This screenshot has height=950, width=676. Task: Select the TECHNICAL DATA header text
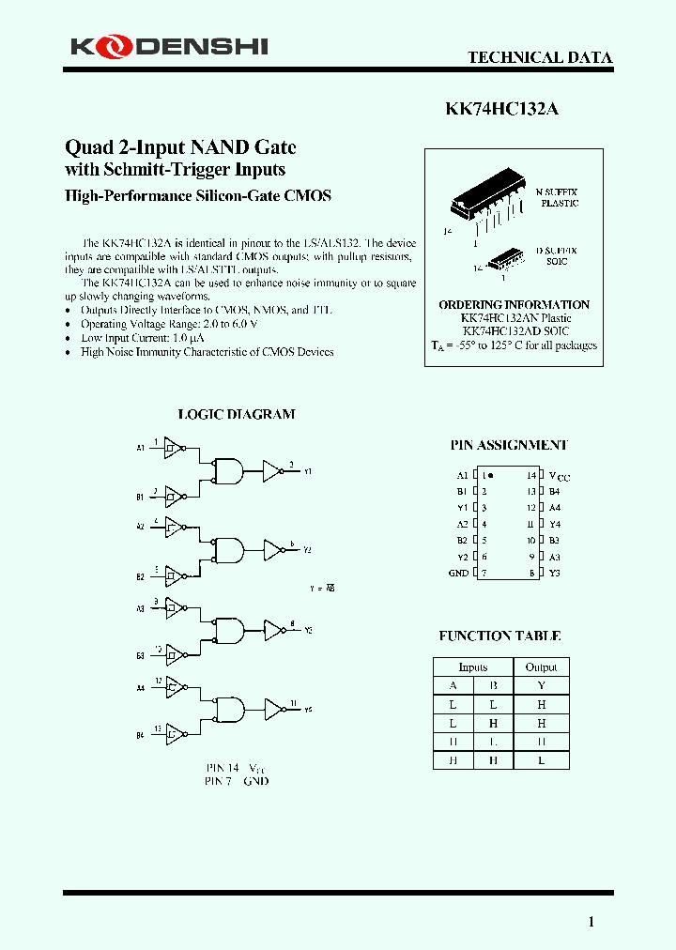click(540, 58)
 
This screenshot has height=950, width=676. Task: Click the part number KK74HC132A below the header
click(501, 108)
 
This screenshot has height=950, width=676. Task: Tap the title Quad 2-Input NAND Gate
click(179, 146)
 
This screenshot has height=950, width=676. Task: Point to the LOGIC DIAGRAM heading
click(237, 414)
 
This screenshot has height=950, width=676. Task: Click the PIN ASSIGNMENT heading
click(509, 445)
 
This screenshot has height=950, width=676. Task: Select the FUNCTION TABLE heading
click(499, 636)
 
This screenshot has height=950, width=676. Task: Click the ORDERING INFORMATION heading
click(514, 305)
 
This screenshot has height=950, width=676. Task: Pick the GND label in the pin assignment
click(458, 573)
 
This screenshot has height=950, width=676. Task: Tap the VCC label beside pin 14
click(559, 476)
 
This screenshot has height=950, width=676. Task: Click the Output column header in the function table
click(541, 667)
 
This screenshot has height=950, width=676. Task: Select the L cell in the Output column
click(541, 760)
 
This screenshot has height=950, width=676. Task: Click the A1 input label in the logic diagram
click(140, 449)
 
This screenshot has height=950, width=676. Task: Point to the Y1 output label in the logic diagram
click(308, 471)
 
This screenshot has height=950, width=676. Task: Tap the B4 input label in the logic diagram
click(140, 736)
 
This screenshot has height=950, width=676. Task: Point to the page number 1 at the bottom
click(591, 922)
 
